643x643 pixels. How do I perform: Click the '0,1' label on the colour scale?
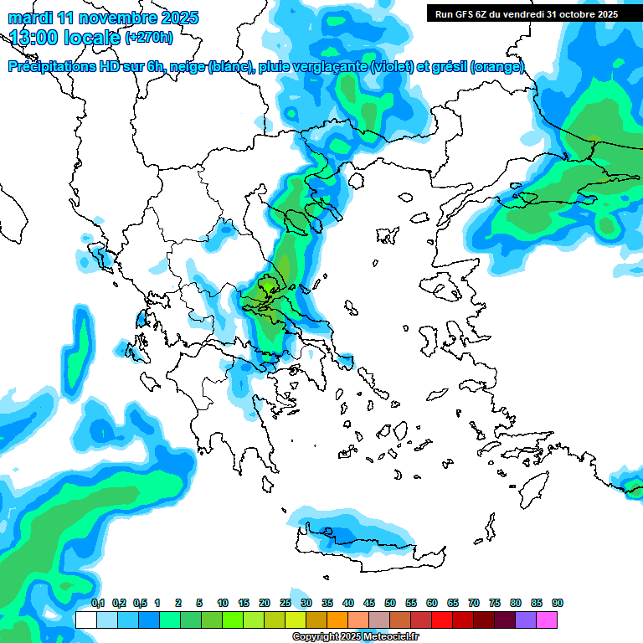[97, 603]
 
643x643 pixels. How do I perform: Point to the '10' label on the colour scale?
[223, 603]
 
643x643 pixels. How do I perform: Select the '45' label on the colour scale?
[369, 603]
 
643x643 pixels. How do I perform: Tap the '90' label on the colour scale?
[558, 603]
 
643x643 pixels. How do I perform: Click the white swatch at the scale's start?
[86, 620]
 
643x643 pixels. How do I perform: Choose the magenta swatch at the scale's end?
[547, 620]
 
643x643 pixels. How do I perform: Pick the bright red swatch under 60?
[442, 620]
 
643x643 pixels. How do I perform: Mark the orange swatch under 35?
[337, 620]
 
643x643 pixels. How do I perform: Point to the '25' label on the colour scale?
[285, 603]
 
